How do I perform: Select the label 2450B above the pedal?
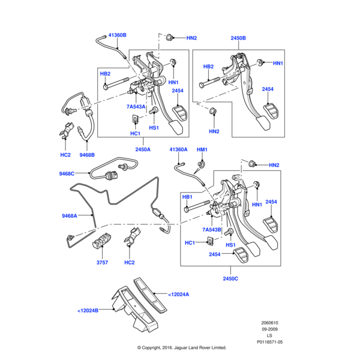tap(238, 38)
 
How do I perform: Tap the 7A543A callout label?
tap(136, 107)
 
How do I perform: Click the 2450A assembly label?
tap(143, 149)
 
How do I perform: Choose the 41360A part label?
tap(178, 149)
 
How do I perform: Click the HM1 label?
tap(202, 149)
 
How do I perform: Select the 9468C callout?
tap(67, 173)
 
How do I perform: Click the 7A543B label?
tap(212, 229)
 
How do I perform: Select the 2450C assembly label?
tap(230, 279)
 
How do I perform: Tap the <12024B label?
tap(88, 310)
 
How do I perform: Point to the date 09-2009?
tap(269, 329)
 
